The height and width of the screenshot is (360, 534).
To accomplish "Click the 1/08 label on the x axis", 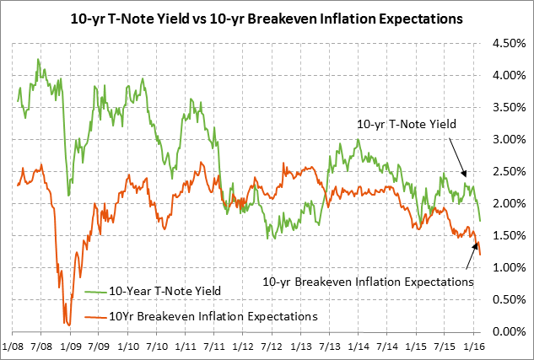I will (x=14, y=346).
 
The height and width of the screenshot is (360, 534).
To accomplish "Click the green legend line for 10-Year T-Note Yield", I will (x=94, y=292).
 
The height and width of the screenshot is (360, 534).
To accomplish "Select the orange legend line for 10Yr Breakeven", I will (x=94, y=317).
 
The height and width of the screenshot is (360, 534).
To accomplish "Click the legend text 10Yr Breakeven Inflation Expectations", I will (x=213, y=317).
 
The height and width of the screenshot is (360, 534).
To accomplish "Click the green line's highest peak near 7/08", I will (x=39, y=59).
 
